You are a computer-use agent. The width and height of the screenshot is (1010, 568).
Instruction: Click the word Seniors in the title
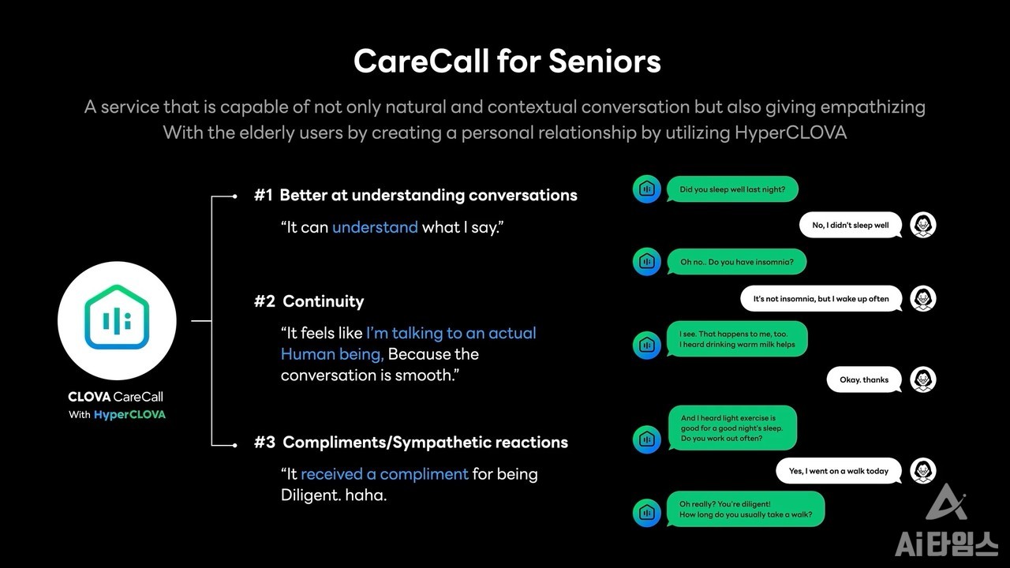pos(604,62)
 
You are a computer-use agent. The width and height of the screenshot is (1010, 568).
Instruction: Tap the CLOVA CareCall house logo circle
pos(117,320)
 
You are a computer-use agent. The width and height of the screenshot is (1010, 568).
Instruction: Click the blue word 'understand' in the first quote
pos(375,226)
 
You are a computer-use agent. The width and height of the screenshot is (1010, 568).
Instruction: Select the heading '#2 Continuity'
pos(309,301)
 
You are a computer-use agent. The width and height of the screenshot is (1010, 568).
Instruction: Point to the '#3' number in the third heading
pos(264,443)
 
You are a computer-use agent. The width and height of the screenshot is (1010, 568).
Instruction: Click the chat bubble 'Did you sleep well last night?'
pos(732,189)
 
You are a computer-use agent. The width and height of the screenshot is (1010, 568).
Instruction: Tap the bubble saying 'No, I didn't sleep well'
pos(851,225)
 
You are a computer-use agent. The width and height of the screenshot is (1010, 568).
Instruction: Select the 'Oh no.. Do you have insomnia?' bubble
pos(736,262)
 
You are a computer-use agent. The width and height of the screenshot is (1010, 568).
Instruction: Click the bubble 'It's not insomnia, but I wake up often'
pos(821,298)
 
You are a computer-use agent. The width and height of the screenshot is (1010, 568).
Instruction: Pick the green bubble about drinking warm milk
pos(737,339)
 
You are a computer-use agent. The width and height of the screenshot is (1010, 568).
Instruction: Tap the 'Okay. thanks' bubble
pos(864,379)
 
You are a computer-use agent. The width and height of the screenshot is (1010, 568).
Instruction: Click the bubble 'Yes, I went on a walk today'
pos(839,471)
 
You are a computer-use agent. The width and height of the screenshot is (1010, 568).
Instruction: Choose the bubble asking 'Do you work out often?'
pos(732,428)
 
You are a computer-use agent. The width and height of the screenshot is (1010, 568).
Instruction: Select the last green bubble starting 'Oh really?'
pos(746,510)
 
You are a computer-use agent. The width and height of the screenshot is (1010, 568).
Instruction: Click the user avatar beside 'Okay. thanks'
pos(923,379)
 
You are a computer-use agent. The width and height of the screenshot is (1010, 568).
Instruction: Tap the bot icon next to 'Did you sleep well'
pos(646,189)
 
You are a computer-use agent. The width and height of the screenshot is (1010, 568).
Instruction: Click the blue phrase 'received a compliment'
pos(384,474)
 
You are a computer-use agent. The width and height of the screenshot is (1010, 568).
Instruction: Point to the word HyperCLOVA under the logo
pos(129,415)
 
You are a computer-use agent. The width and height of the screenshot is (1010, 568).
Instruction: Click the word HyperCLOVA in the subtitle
pos(791,133)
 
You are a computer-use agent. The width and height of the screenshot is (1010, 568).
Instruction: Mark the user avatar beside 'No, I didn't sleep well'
pos(923,225)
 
